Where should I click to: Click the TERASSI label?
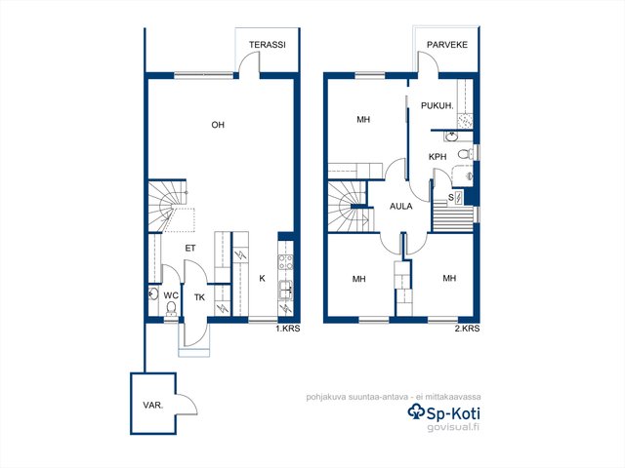coord(268,45)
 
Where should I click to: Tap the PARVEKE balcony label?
coord(447,45)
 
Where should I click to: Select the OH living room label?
coord(218,125)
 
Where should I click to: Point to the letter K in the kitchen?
coord(262,278)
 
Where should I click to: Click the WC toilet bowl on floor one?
coord(172,308)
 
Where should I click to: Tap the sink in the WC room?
coord(153,294)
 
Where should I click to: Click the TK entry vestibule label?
coord(199,297)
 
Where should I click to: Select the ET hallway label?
coord(190,248)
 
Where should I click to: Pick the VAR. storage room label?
coord(153,406)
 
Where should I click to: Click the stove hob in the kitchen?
coord(286,262)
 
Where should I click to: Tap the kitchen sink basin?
coord(285,289)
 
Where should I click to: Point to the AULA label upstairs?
coord(401,206)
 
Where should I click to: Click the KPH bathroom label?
coord(437,157)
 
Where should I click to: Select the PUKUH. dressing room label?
coord(437,106)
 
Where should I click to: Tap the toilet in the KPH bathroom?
coord(466,153)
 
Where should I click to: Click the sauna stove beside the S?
coord(458,198)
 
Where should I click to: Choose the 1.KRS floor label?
coord(288,329)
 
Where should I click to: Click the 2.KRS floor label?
coord(467,329)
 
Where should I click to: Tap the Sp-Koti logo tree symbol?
coord(417,411)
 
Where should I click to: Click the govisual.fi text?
coord(453,427)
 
